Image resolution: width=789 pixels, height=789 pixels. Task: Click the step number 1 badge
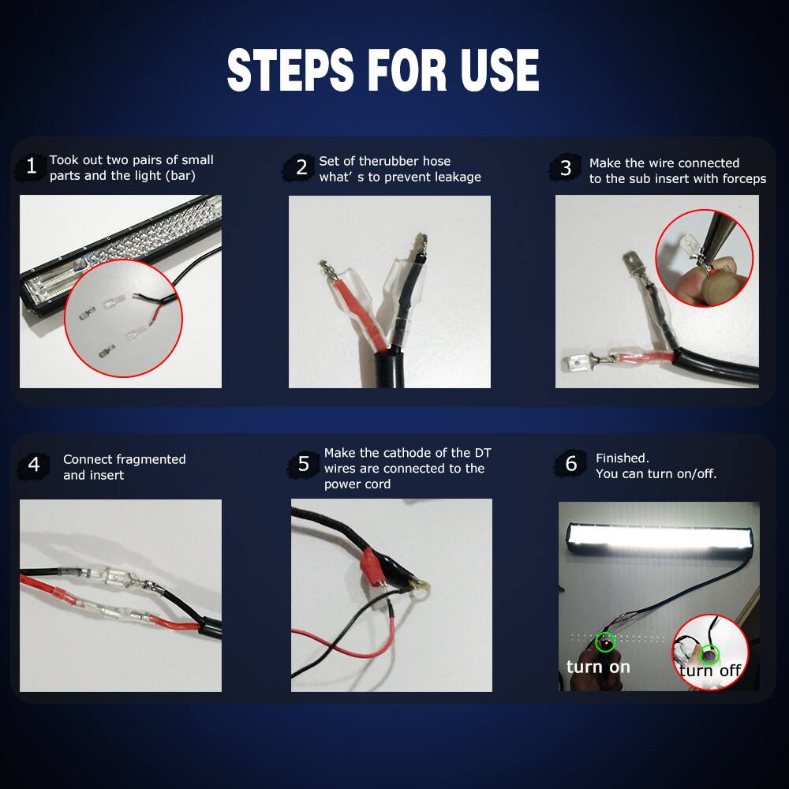(32, 167)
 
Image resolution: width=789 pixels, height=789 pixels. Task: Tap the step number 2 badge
(301, 167)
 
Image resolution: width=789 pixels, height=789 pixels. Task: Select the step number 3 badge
(566, 168)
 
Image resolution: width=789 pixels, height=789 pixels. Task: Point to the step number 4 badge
(33, 465)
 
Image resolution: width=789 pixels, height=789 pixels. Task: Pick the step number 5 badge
(303, 464)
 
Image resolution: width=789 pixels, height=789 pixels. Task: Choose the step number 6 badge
(571, 464)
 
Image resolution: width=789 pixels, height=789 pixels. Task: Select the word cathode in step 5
(409, 453)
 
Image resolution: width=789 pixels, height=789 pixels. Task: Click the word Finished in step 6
(622, 458)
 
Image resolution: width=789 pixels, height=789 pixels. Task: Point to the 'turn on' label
(598, 667)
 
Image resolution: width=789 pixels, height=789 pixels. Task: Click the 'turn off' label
(710, 671)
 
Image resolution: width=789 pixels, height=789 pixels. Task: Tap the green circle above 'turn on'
(605, 642)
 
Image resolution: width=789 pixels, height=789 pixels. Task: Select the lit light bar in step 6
(660, 540)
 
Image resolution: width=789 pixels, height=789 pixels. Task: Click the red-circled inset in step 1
(123, 320)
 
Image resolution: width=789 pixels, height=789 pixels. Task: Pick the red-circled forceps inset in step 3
(705, 258)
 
